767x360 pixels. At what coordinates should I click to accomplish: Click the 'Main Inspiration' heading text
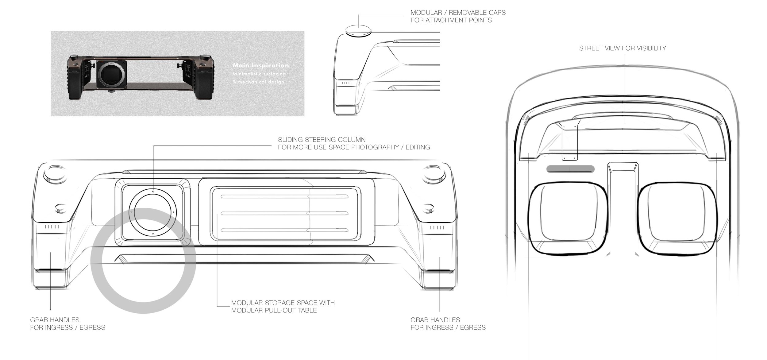(260, 65)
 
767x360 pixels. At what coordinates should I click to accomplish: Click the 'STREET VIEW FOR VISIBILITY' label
(622, 48)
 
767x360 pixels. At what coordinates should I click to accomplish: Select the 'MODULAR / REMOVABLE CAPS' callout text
(458, 13)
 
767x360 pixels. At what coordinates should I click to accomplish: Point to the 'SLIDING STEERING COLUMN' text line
(322, 140)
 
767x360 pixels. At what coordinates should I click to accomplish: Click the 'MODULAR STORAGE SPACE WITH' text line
(283, 303)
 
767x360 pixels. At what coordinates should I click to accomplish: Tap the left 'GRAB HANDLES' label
(55, 320)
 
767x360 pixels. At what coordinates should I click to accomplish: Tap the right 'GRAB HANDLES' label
(435, 320)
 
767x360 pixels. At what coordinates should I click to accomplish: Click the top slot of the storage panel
(284, 197)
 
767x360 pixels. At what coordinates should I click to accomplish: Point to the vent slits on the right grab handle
(437, 227)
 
